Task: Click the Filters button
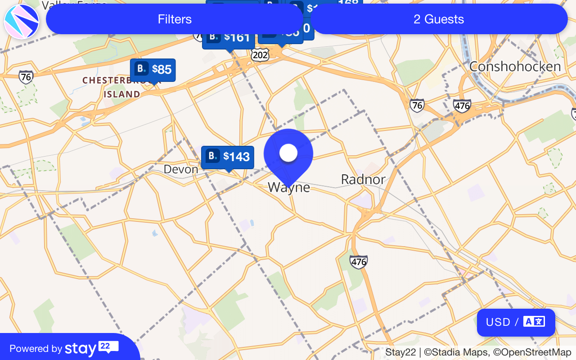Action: [175, 19]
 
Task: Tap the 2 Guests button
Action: [439, 19]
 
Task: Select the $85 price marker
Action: [153, 70]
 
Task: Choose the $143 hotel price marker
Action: [228, 157]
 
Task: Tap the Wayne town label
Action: [289, 187]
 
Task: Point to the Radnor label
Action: [363, 180]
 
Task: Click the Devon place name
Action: [181, 169]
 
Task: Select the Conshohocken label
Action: [515, 67]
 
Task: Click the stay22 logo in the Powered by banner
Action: [91, 348]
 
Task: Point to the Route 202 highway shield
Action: [260, 55]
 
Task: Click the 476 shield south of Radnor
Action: [359, 261]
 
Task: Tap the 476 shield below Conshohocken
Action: [462, 106]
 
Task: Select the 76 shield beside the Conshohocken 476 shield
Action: [417, 106]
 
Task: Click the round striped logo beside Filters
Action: [22, 21]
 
